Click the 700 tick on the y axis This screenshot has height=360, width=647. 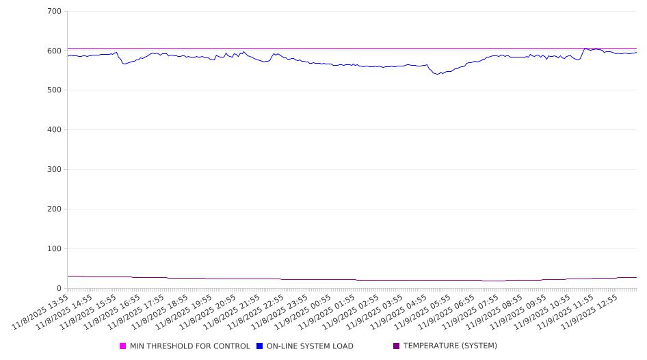(54, 12)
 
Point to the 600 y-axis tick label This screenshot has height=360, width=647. (54, 51)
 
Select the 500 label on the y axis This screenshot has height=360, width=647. (54, 90)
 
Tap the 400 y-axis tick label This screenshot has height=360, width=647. (54, 130)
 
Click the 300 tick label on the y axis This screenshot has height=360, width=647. (54, 170)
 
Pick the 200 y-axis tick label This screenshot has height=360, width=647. (54, 209)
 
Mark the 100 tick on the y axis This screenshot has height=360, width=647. (54, 249)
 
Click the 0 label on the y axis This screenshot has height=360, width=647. (59, 288)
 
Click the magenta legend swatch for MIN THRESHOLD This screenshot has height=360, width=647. (123, 346)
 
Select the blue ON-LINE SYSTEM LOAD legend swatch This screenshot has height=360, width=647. (260, 346)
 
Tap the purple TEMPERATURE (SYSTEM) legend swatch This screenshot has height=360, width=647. (397, 346)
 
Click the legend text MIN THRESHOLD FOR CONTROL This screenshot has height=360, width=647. (190, 346)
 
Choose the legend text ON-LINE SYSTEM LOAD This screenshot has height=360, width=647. (310, 346)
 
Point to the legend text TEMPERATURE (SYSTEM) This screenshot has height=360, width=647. (450, 346)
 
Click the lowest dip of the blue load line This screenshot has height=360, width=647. (438, 74)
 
